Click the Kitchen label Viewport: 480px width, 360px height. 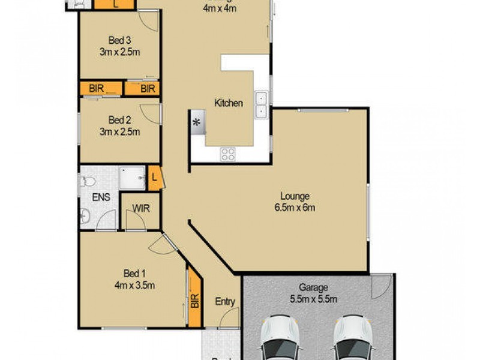(229, 103)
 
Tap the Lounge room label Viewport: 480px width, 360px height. (294, 196)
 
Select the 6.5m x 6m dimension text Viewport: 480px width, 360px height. (294, 208)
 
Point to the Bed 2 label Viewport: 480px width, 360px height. (120, 119)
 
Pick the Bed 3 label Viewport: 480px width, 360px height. (120, 40)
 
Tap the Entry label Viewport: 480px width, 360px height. (225, 302)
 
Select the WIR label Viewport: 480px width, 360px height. (141, 209)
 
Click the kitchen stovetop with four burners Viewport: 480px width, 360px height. (228, 154)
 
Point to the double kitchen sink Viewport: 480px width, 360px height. (262, 104)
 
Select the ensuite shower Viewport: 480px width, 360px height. (131, 178)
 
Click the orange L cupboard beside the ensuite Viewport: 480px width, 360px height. (155, 178)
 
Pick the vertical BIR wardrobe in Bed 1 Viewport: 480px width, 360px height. (194, 296)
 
